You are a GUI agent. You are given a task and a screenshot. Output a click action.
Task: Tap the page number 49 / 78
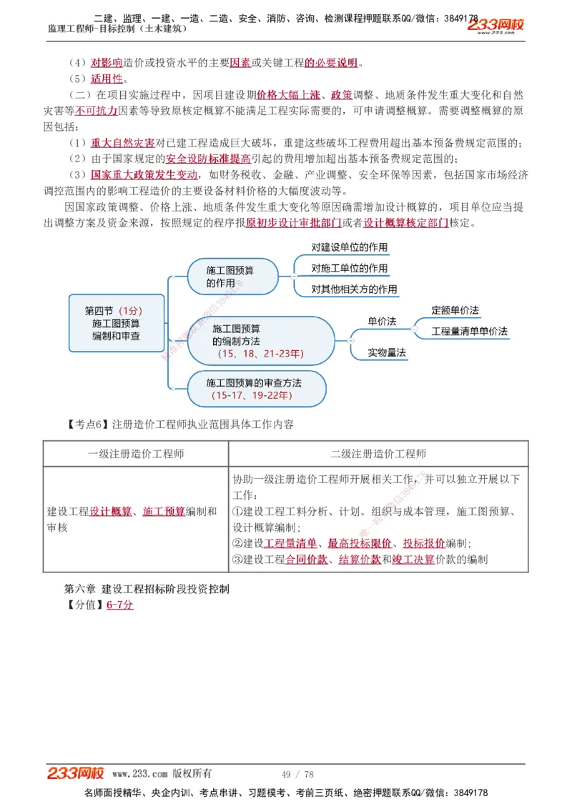point(297,775)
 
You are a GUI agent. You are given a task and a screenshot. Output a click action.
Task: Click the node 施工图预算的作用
point(232,277)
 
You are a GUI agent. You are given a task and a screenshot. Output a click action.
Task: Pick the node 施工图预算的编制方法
point(261,341)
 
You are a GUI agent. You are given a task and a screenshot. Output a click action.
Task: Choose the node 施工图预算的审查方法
point(254,389)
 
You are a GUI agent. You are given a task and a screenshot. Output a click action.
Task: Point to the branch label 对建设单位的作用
point(349,248)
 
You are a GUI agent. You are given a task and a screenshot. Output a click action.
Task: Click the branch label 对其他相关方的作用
point(353,289)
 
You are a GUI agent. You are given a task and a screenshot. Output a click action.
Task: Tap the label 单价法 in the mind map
point(382,322)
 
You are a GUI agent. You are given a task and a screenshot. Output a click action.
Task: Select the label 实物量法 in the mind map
point(387,352)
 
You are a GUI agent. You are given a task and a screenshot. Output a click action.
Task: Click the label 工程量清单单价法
point(469,332)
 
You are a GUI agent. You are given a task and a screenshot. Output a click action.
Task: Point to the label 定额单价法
point(455,310)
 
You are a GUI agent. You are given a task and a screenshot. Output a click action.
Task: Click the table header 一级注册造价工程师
point(136,454)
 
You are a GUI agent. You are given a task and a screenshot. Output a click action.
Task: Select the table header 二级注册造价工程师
point(378,454)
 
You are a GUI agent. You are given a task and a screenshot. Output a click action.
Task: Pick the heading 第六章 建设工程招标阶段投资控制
point(146,589)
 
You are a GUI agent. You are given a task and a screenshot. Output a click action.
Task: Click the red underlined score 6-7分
point(120,605)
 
